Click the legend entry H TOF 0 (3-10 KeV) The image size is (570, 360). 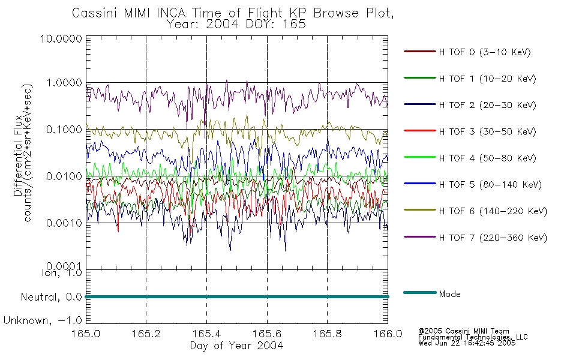click(x=485, y=52)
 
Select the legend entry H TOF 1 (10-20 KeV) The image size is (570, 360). click(x=487, y=79)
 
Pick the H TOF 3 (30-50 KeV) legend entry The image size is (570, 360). click(x=487, y=131)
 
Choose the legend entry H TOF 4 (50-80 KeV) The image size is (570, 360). click(x=487, y=158)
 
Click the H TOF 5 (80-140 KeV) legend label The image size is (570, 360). click(x=490, y=185)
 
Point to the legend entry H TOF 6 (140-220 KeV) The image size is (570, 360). click(x=493, y=211)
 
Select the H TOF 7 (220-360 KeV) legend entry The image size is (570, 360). click(x=493, y=238)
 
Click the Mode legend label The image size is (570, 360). click(x=449, y=294)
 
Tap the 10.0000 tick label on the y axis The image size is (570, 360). click(x=61, y=38)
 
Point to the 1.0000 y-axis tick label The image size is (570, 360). click(x=64, y=83)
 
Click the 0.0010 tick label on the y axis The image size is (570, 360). click(x=64, y=223)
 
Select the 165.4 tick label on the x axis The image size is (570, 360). click(x=206, y=334)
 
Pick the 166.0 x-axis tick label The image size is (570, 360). click(x=388, y=334)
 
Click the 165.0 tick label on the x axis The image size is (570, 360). click(x=86, y=334)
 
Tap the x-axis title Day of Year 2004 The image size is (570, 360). click(x=236, y=346)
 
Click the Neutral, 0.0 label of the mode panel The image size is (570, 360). click(x=51, y=297)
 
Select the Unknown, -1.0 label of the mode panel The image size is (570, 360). click(x=43, y=320)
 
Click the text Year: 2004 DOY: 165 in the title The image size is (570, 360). click(x=236, y=25)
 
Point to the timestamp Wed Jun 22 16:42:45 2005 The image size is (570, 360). click(x=467, y=343)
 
